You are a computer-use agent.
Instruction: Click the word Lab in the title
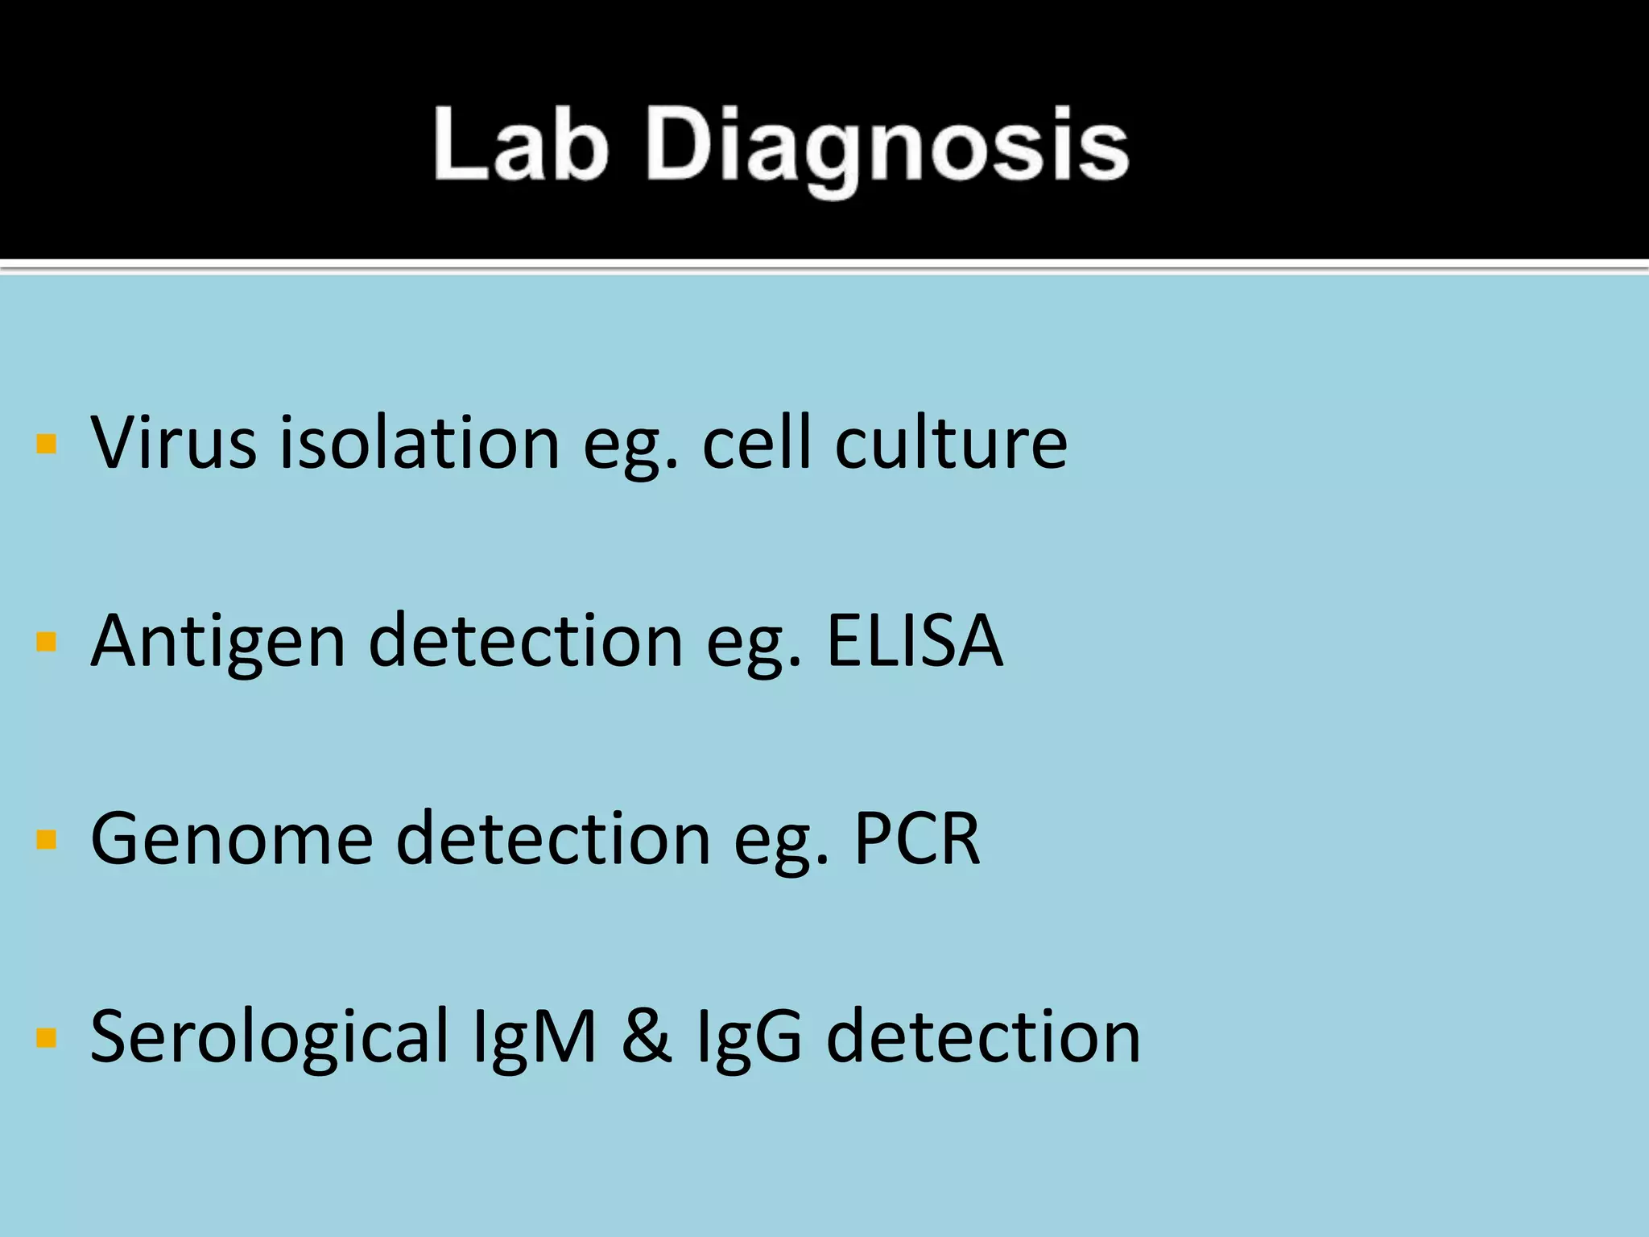pyautogui.click(x=520, y=145)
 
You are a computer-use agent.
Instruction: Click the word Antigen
pyautogui.click(x=218, y=642)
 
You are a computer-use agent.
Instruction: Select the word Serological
pyautogui.click(x=269, y=1037)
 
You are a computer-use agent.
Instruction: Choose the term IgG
pyautogui.click(x=749, y=1037)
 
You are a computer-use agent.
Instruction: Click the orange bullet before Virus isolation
pyautogui.click(x=47, y=444)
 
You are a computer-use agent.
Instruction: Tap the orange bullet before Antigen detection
pyautogui.click(x=47, y=642)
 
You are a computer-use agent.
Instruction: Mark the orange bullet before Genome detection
pyautogui.click(x=47, y=840)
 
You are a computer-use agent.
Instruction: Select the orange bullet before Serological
pyautogui.click(x=47, y=1038)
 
